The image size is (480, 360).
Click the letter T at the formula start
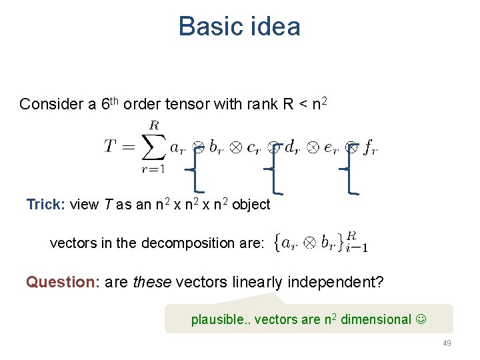click(x=111, y=147)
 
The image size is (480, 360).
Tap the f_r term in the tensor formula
click(x=370, y=147)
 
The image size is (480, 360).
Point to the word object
click(x=251, y=205)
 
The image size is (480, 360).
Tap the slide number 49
click(x=447, y=343)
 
